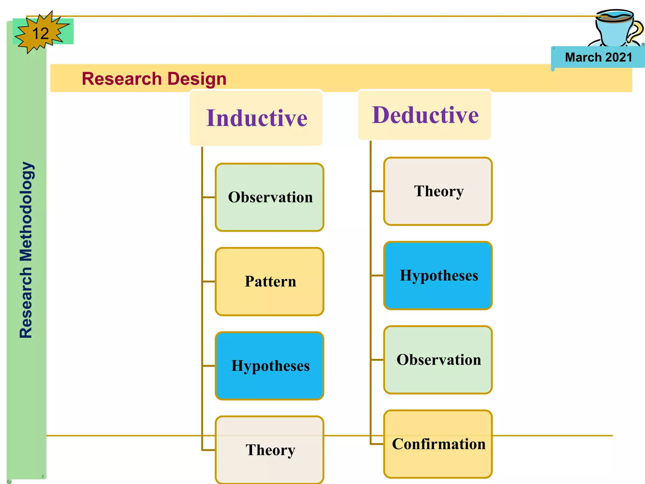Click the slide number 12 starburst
40,33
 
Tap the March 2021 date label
598,57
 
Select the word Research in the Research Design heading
121,79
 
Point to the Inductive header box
256,118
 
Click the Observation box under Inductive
270,197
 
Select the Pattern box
270,281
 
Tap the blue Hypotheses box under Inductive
270,366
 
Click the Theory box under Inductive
270,450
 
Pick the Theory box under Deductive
438,191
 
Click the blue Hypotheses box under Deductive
438,275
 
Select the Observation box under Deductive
438,360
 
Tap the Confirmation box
438,444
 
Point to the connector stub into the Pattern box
209,281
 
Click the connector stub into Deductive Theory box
377,191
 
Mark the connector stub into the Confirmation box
377,444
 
